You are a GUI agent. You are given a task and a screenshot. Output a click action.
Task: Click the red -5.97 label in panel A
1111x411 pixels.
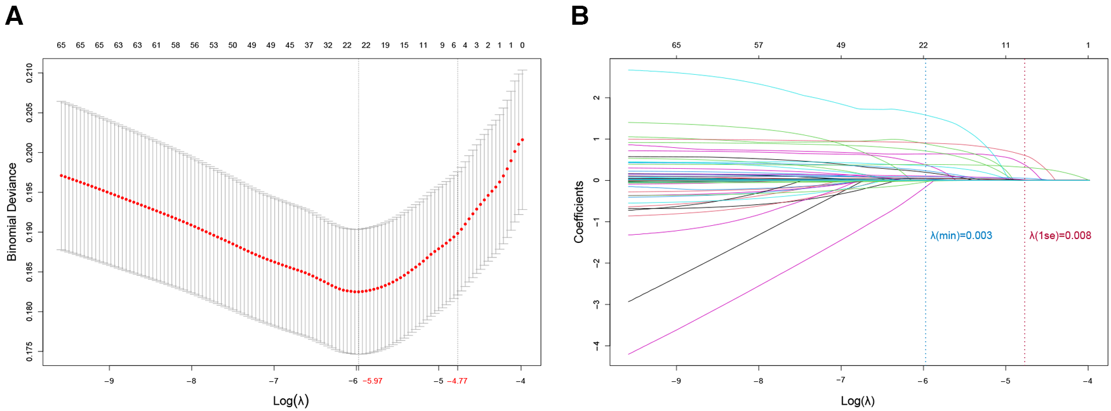click(x=373, y=381)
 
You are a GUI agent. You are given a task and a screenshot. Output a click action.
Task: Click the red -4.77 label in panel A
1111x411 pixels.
click(x=457, y=381)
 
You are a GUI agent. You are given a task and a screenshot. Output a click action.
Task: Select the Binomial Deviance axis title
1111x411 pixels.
click(x=12, y=212)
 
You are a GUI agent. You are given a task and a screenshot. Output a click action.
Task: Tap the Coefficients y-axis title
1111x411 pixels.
click(x=578, y=212)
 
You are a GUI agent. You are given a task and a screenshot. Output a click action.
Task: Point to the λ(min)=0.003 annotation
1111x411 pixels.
click(x=961, y=235)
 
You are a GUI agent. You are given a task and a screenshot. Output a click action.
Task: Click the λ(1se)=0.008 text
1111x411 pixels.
click(x=1060, y=235)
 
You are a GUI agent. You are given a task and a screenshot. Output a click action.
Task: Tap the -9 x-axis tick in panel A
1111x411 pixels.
click(x=109, y=381)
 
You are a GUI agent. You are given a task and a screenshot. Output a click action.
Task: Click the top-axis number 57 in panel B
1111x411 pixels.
click(x=759, y=45)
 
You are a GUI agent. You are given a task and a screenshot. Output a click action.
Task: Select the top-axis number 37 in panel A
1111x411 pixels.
click(x=309, y=45)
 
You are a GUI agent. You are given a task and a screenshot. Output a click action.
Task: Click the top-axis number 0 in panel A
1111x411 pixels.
click(x=522, y=45)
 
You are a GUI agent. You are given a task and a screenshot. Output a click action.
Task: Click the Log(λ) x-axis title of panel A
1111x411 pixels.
click(x=291, y=401)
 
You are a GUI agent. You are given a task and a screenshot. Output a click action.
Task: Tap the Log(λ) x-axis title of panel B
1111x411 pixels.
click(x=857, y=401)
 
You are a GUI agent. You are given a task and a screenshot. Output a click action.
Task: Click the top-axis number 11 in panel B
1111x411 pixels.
click(x=1006, y=45)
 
